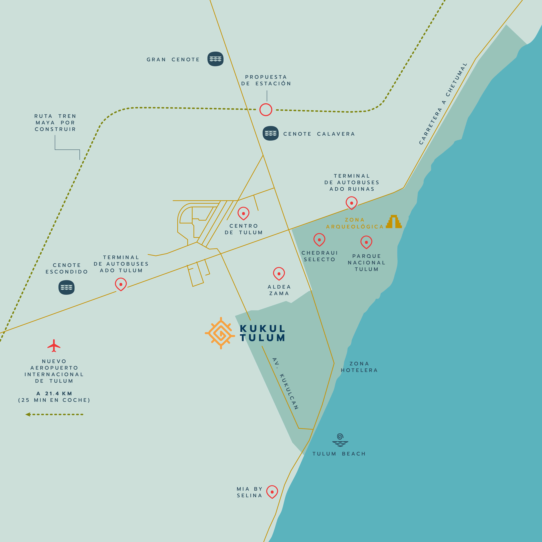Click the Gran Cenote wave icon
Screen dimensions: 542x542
215,59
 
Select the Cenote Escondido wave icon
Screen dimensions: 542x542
67,287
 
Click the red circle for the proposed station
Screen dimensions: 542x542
266,110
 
